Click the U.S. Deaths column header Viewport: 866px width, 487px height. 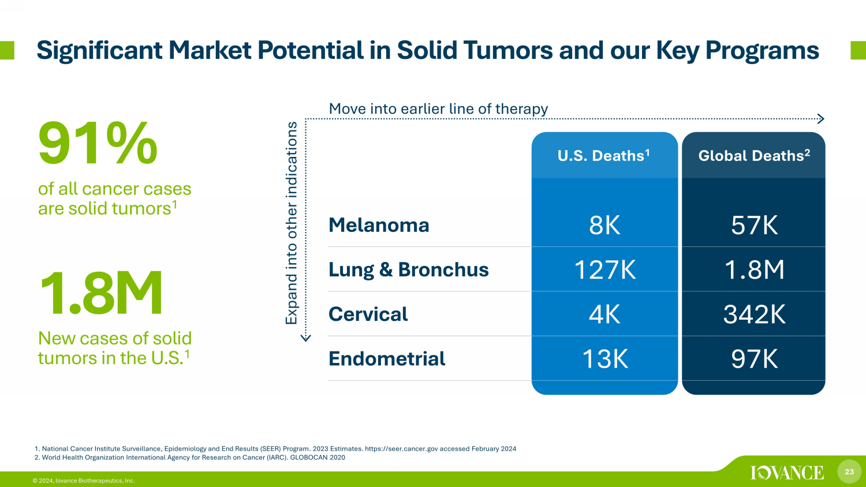[603, 155]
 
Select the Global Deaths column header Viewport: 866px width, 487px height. [754, 155]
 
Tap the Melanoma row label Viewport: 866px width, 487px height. [379, 225]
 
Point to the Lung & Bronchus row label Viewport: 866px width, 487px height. [409, 269]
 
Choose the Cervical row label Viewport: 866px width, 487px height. [368, 314]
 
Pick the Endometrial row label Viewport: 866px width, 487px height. [387, 358]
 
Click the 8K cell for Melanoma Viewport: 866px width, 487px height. [604, 225]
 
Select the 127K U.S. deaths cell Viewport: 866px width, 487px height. [604, 269]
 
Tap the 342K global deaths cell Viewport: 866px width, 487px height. [754, 314]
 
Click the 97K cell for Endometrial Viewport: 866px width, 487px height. [754, 359]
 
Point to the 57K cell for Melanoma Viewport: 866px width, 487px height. [754, 225]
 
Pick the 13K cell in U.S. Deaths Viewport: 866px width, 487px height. [604, 359]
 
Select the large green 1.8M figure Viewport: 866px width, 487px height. [100, 293]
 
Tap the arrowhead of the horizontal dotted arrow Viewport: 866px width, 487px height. [821, 119]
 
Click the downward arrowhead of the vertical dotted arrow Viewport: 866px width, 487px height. [305, 338]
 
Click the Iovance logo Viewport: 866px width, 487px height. [787, 473]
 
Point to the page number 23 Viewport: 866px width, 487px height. [849, 471]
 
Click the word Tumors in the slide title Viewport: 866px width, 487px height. [509, 50]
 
